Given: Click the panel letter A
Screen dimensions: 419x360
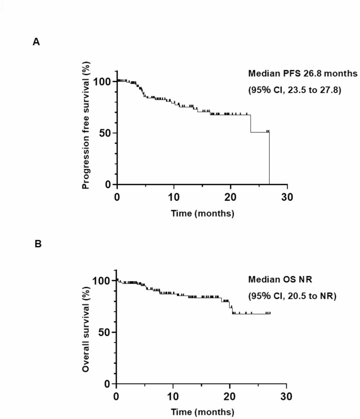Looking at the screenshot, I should coord(36,43).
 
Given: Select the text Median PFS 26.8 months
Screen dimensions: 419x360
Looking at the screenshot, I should coord(302,75).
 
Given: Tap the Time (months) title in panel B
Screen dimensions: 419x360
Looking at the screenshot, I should coord(202,412).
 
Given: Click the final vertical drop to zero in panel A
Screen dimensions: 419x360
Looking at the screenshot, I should coord(270,158).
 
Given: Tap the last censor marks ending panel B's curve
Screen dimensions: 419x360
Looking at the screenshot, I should coord(268,313).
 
